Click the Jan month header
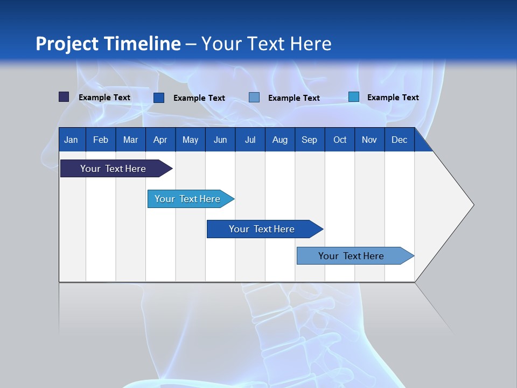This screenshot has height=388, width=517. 71,140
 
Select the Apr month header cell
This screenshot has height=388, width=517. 160,140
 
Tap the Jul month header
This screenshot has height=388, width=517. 250,140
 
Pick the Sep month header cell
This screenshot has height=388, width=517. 309,140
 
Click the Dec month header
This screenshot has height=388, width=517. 399,140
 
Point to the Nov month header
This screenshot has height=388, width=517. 369,140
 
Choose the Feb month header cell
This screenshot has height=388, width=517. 101,140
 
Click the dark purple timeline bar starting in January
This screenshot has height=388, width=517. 113,169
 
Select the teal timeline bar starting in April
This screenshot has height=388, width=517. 187,199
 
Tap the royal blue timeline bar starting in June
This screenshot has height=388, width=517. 262,229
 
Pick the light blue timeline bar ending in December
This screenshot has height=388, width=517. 351,256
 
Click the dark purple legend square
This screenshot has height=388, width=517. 64,97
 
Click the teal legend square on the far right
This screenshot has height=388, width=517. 353,97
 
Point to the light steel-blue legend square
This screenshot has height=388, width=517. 254,98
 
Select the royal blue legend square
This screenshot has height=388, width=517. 159,98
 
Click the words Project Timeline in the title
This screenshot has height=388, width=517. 108,44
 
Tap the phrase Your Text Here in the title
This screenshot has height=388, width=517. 266,44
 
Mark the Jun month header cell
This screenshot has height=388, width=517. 220,140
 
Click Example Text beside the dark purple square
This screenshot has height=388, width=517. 104,98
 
